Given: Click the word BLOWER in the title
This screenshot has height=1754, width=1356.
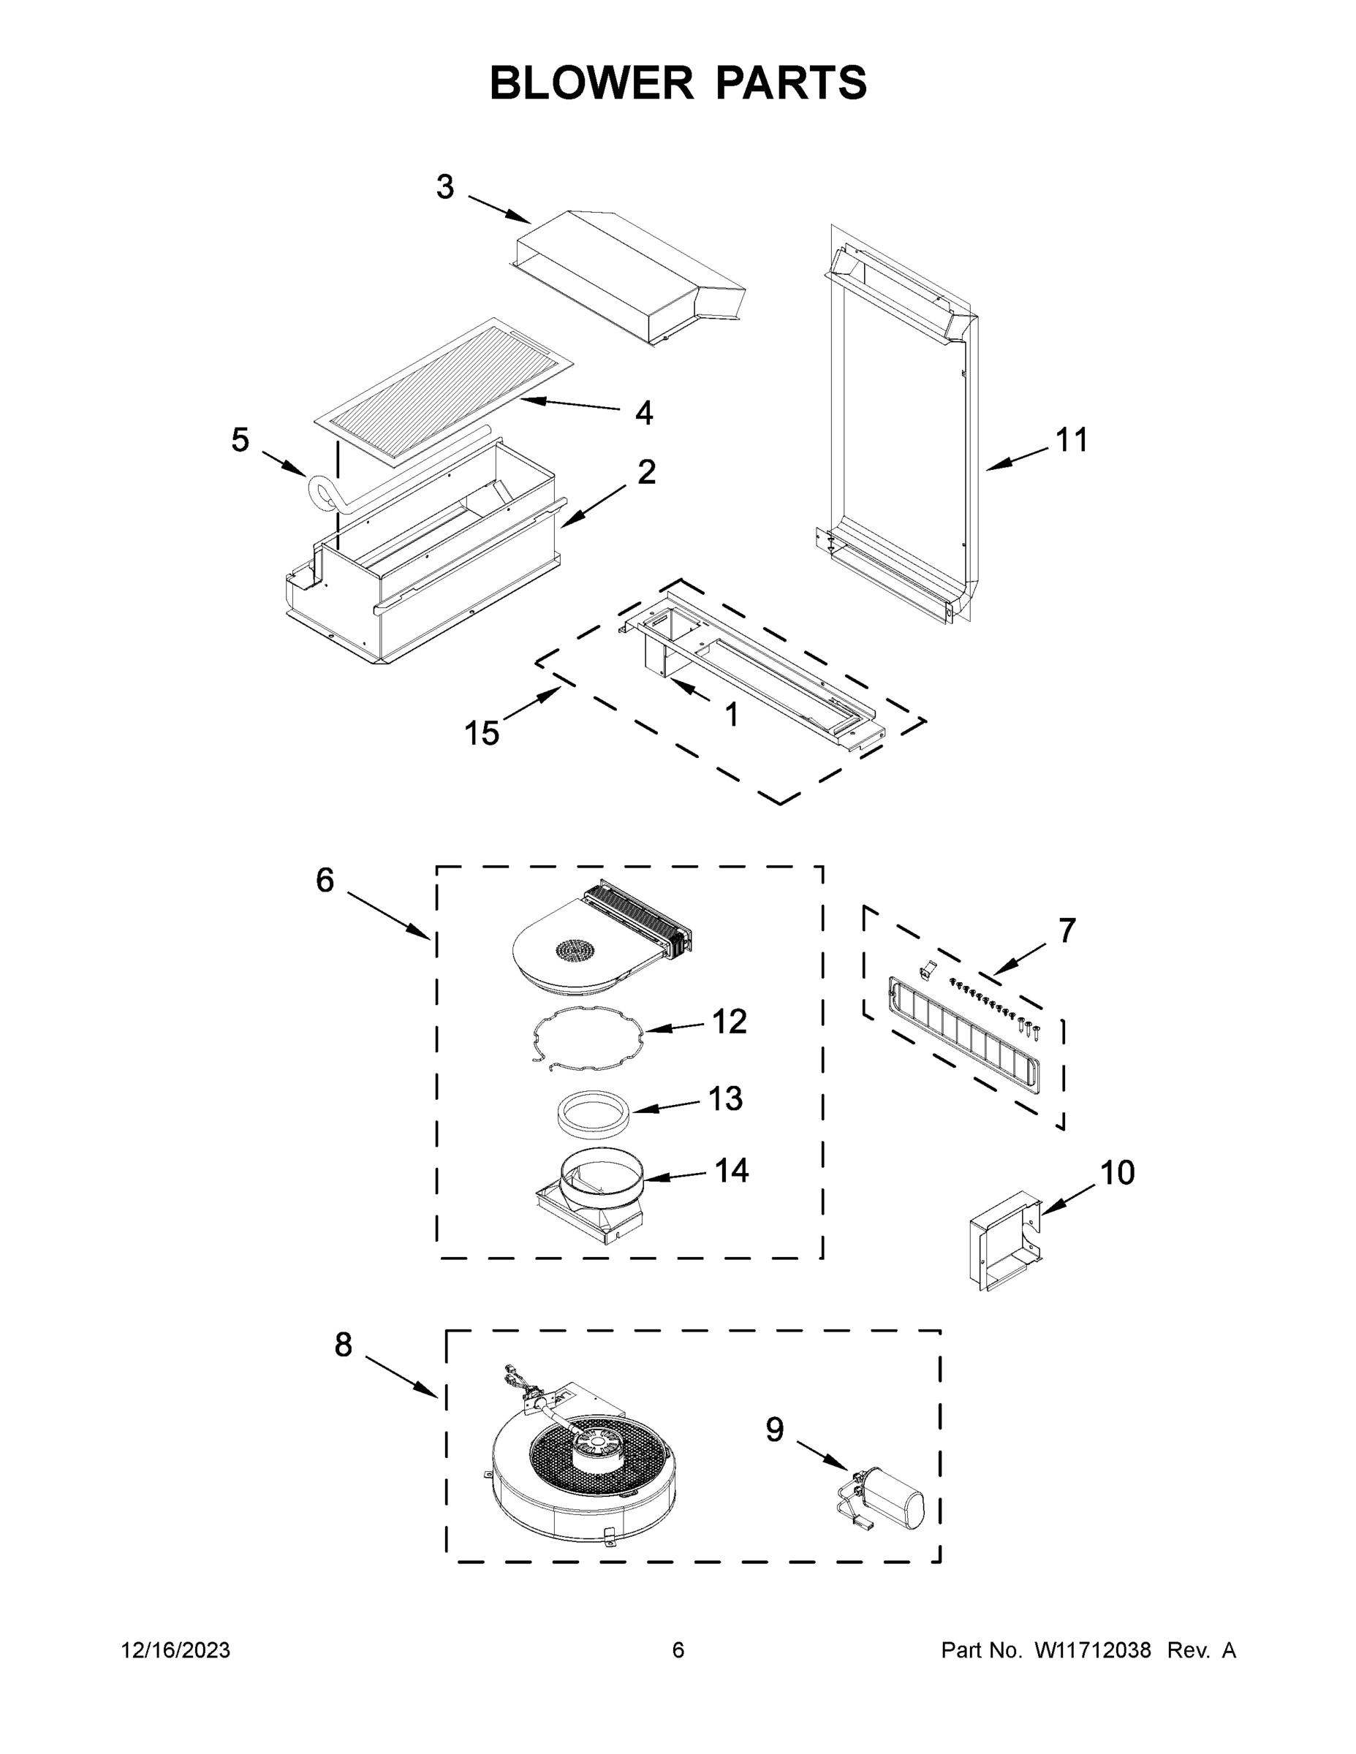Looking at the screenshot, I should point(591,83).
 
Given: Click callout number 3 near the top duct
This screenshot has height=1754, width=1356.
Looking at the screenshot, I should point(445,187).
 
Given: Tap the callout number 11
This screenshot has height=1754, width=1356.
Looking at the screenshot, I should point(1071,440).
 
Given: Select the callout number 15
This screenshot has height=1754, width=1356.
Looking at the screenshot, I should point(482,732).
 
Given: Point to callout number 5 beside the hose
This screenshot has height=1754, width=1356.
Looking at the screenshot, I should point(240,440).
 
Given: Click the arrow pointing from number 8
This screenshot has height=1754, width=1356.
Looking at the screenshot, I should point(401,1377).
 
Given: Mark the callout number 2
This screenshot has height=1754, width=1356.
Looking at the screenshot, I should point(646,472).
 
